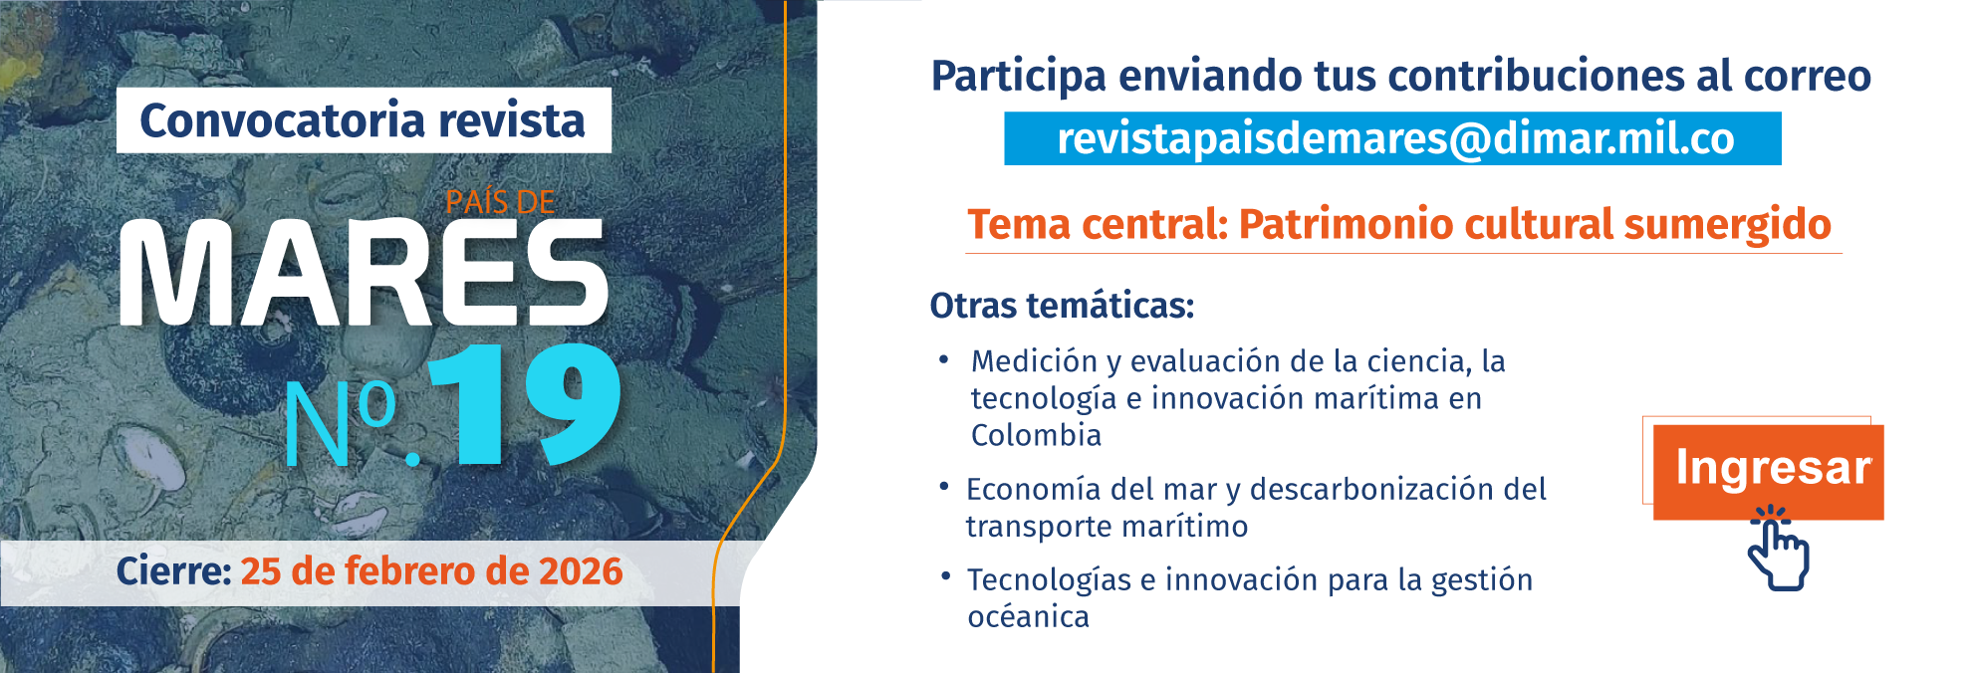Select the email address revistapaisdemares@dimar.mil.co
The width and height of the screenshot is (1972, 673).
coord(1394,138)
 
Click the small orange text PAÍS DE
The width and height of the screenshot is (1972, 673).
coord(500,202)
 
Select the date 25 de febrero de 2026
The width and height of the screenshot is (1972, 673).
coord(431,571)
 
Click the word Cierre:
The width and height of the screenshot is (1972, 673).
coord(173,571)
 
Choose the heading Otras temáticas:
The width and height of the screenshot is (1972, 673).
coord(1062,305)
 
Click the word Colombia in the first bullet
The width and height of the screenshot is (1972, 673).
coord(1036,435)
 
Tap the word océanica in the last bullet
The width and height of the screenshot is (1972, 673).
coord(1028,617)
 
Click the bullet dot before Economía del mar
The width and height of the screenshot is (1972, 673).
coord(943,486)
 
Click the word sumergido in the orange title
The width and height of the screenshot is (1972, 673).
coord(1727,224)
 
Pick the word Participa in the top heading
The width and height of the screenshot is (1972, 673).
coord(1018,77)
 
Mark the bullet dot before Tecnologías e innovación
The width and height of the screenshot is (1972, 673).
coord(944,575)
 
